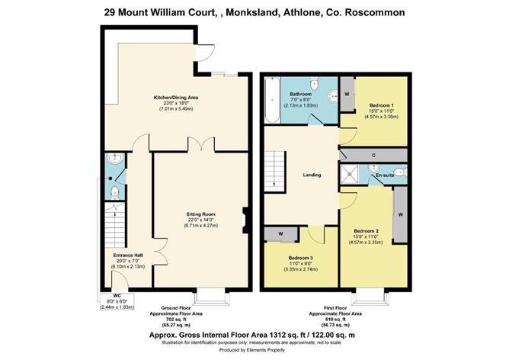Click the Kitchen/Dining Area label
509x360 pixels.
177,98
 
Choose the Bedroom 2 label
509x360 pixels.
366,230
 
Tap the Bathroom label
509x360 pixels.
300,93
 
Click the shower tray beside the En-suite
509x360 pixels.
351,173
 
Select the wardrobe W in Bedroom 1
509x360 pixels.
347,95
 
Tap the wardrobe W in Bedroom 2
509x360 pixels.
399,214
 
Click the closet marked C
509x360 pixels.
373,156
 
